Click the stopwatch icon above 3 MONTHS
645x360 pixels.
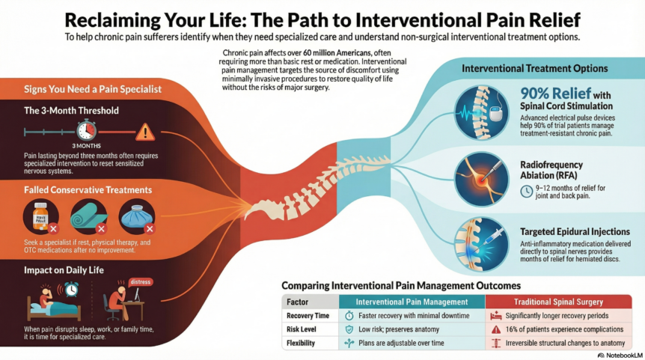coord(86,129)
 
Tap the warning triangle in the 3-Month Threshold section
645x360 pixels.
coord(144,132)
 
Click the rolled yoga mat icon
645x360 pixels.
coord(88,217)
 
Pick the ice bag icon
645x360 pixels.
coord(137,217)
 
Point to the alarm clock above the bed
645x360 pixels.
coord(72,288)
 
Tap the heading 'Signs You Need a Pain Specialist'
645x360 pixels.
coord(77,90)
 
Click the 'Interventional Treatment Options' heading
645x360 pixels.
coord(534,68)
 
